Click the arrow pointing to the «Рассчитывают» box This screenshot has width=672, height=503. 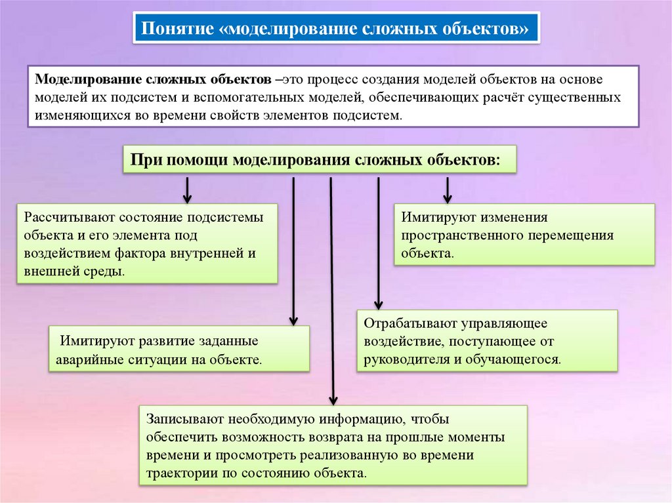(x=187, y=191)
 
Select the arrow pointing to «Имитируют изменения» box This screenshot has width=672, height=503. (x=448, y=191)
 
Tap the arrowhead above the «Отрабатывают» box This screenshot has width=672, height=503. (x=378, y=303)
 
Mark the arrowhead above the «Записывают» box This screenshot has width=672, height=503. (x=332, y=398)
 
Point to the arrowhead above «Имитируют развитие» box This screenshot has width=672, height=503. (x=293, y=318)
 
